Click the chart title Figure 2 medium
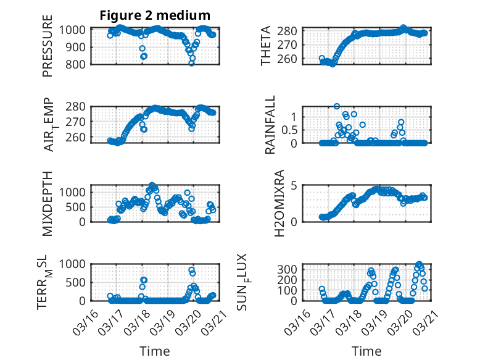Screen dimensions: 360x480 coord(155,15)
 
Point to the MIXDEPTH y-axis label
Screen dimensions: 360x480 coord(48,203)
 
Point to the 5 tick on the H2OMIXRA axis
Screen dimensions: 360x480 coord(295,185)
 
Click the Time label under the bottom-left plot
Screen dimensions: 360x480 coord(155,351)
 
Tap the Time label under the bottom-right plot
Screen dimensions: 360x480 coord(366,351)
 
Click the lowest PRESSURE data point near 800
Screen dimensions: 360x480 coord(192,63)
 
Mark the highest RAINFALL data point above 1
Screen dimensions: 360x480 coord(337,106)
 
